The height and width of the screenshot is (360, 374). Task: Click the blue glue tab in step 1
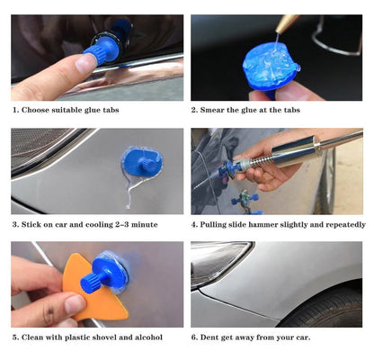103,46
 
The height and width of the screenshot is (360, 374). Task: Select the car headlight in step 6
217,262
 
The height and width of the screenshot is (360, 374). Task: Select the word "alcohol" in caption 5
146,337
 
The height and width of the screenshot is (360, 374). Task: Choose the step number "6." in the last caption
195,337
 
